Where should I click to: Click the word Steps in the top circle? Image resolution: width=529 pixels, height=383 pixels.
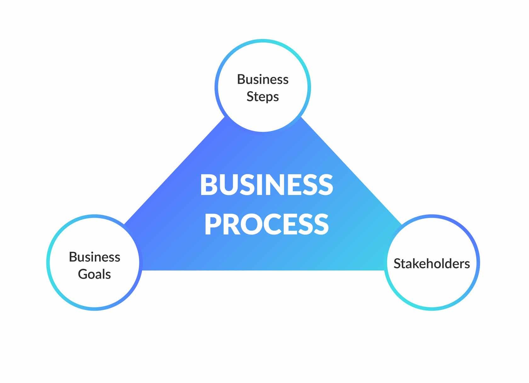pos(263,97)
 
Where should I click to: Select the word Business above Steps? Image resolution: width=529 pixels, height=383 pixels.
pos(263,79)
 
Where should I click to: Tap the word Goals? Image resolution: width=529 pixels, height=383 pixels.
pos(94,274)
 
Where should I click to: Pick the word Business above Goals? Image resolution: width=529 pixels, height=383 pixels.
pos(94,257)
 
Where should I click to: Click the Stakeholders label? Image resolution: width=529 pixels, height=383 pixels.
pos(432,264)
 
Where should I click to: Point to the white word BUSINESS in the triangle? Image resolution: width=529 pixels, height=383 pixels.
pos(266,185)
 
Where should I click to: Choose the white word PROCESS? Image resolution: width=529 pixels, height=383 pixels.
pos(266,224)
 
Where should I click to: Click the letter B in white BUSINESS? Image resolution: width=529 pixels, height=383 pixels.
pos(208,185)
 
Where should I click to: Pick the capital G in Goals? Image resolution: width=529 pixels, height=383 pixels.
pos(83,274)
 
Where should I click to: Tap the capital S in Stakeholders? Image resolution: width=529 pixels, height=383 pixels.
pos(397,264)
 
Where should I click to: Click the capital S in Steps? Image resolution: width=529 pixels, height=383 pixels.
pos(250,97)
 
